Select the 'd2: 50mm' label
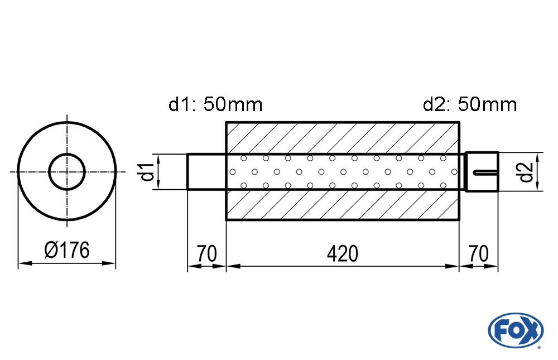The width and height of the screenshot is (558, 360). click(x=470, y=104)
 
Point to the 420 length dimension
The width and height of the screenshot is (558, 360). click(x=342, y=254)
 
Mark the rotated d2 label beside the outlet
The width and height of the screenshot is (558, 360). click(x=525, y=172)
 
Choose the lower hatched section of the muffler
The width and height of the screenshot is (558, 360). click(x=342, y=205)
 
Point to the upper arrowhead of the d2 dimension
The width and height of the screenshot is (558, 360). click(x=538, y=156)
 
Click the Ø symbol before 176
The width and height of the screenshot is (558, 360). click(x=51, y=251)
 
